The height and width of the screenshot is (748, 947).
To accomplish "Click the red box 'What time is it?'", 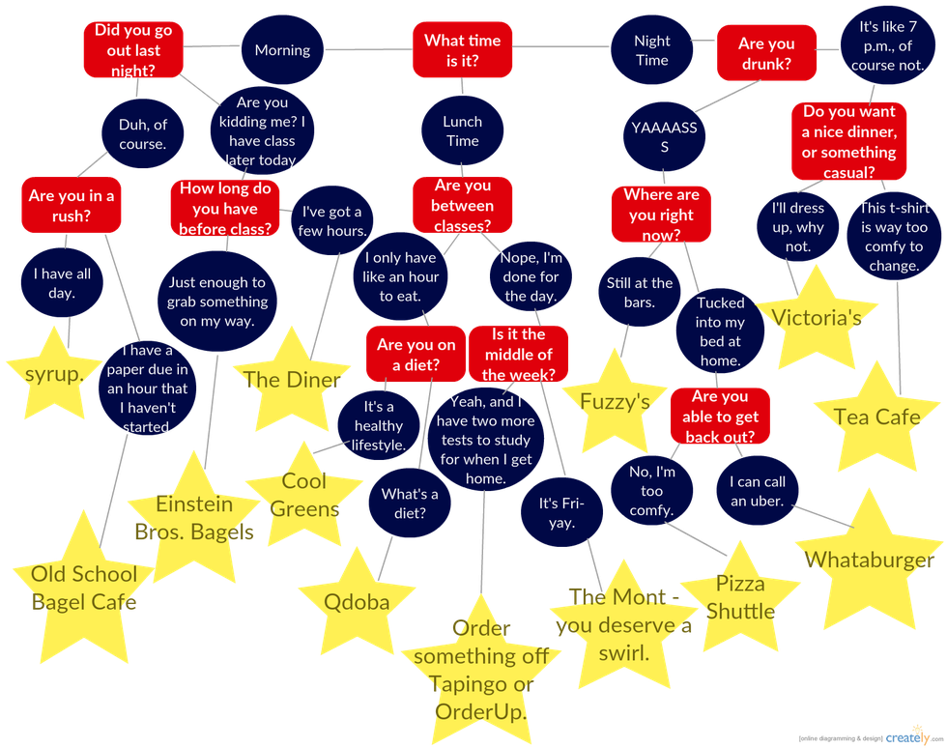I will pyautogui.click(x=463, y=50).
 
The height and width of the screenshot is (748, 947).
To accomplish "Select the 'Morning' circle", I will pyautogui.click(x=282, y=50).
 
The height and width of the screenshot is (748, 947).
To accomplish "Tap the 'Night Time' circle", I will pyautogui.click(x=651, y=50).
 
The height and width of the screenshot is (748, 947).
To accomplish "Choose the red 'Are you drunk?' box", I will pyautogui.click(x=765, y=54).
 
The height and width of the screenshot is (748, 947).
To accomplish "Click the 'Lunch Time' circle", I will pyautogui.click(x=462, y=131).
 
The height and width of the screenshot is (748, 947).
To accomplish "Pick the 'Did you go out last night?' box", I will pyautogui.click(x=133, y=50).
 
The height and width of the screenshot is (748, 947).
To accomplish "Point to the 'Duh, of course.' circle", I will pyautogui.click(x=142, y=134).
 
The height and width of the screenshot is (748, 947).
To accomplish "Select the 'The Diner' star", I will pyautogui.click(x=292, y=380).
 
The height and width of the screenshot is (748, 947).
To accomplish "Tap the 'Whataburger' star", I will pyautogui.click(x=869, y=560).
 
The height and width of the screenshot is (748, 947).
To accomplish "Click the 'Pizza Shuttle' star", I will pyautogui.click(x=740, y=597).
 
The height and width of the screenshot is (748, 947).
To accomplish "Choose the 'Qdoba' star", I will pyautogui.click(x=357, y=601).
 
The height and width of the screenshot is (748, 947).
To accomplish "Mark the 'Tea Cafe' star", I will pyautogui.click(x=876, y=417).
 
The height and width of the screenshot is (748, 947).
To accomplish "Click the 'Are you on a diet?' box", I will pyautogui.click(x=416, y=355).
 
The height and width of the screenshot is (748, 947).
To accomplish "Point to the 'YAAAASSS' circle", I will pyautogui.click(x=664, y=136).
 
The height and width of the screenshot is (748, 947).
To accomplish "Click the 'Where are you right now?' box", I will pyautogui.click(x=661, y=215).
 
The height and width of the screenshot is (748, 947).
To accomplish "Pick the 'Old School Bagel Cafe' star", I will pyautogui.click(x=84, y=588).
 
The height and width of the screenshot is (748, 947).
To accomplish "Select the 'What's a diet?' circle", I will pyautogui.click(x=410, y=503).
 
